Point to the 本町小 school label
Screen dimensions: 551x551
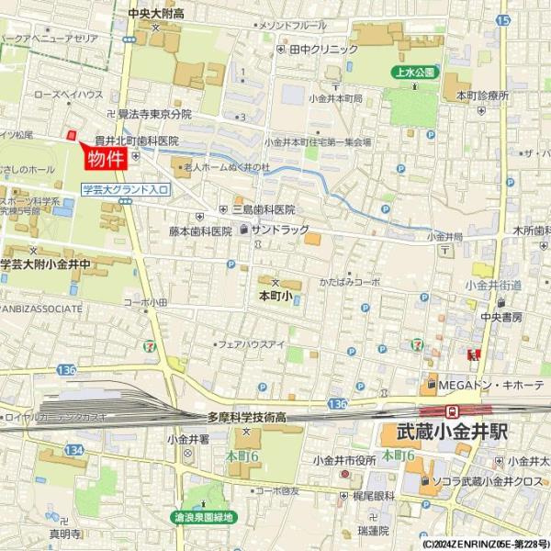pyautogui.click(x=275, y=297)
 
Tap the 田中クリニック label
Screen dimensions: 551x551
pyautogui.click(x=323, y=50)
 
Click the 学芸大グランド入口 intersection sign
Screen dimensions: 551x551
pyautogui.click(x=125, y=190)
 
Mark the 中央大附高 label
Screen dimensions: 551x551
pyautogui.click(x=156, y=13)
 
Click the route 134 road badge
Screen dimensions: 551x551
pyautogui.click(x=74, y=450)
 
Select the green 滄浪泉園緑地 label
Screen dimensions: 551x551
pyautogui.click(x=205, y=517)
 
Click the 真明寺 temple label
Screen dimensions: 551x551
pyautogui.click(x=65, y=533)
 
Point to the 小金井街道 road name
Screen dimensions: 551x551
pyautogui.click(x=493, y=285)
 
